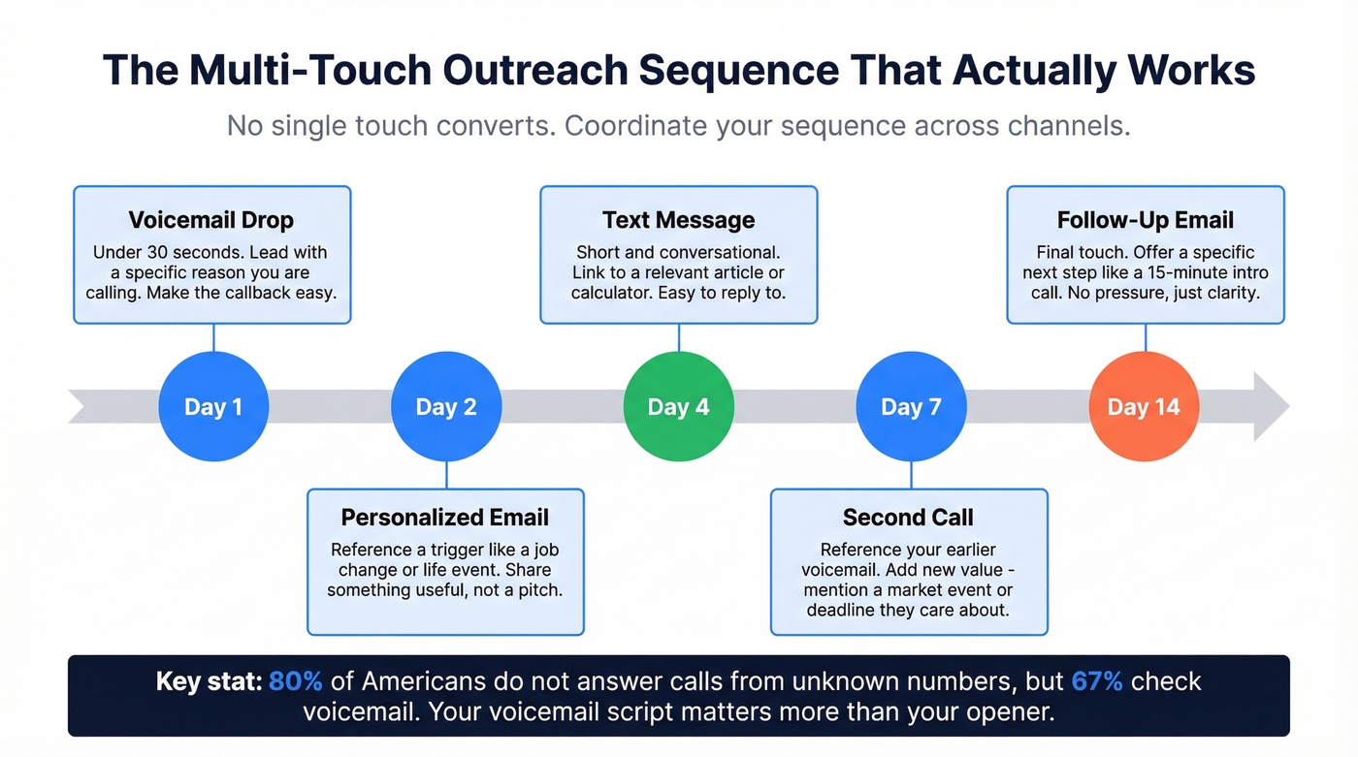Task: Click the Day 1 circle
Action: point(213,406)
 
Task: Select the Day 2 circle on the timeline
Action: point(446,406)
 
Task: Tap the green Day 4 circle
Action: point(679,406)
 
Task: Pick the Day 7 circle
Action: point(911,406)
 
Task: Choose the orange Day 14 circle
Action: point(1145,406)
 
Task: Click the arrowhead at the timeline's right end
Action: point(1270,406)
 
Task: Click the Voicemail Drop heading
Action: point(212,220)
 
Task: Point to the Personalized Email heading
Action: point(445,518)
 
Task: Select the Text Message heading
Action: point(679,220)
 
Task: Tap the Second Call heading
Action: point(908,518)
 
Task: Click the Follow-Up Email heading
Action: point(1146,220)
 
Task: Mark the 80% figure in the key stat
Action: point(296,681)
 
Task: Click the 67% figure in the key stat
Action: point(1097,681)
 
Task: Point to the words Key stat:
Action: point(209,681)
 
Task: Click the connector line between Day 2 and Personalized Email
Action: point(446,475)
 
